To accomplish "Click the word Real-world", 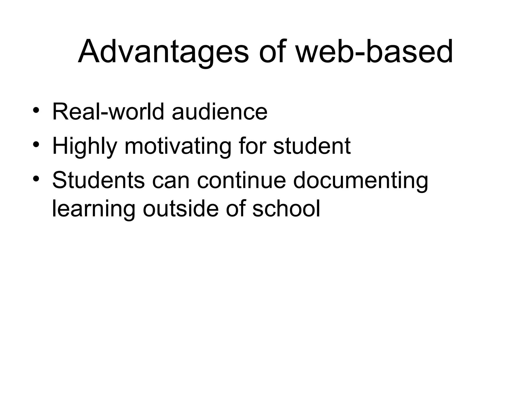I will [x=108, y=112].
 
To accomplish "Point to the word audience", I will [x=220, y=112].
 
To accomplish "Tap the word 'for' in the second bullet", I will [x=252, y=146].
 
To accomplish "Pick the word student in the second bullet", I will [x=312, y=146].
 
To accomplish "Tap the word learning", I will [x=94, y=209].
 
